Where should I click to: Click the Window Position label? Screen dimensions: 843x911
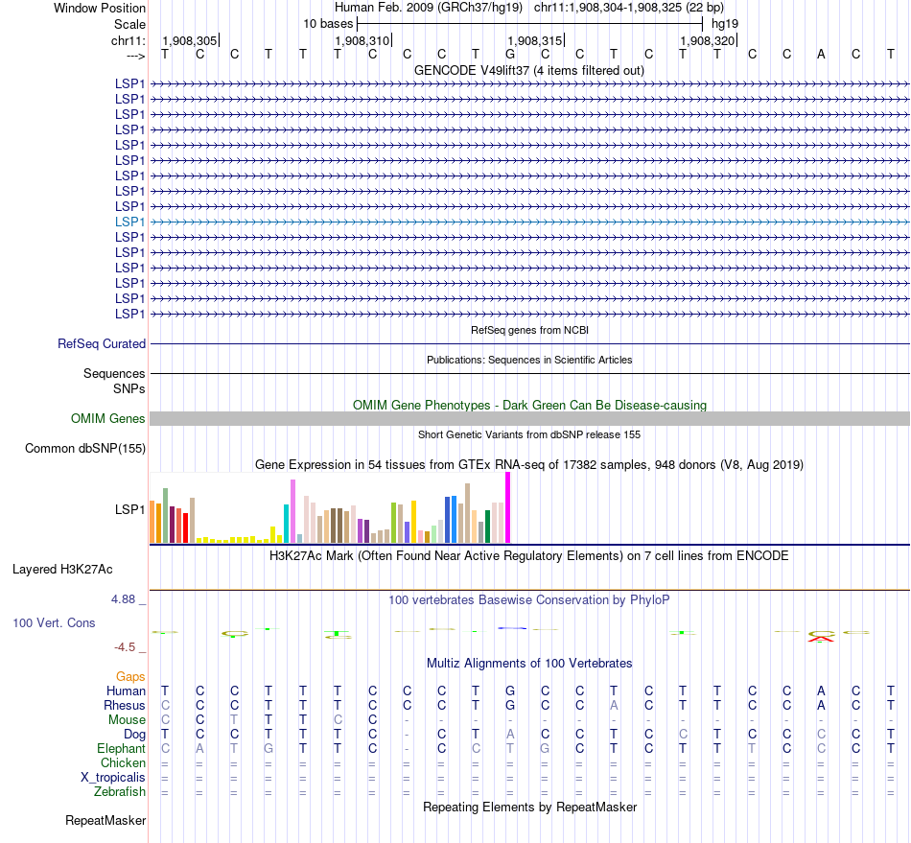coord(100,8)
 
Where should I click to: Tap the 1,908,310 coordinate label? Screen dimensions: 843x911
coord(362,40)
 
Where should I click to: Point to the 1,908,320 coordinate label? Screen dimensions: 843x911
coord(708,40)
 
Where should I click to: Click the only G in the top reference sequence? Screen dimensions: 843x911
coord(510,54)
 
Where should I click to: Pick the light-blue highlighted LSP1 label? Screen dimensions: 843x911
coord(130,222)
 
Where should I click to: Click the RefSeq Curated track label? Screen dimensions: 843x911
coord(102,343)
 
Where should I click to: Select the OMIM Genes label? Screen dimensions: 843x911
coord(108,418)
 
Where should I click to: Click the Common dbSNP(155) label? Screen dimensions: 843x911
coord(85,448)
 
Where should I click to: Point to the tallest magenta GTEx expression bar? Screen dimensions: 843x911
coord(507,508)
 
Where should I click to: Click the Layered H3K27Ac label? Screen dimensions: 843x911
coord(62,569)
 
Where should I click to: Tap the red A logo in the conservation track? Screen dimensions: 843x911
coord(821,638)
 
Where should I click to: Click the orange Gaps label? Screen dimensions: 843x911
coord(130,676)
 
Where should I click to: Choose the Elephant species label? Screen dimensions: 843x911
coord(122,748)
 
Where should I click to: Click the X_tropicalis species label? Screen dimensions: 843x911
coord(112,777)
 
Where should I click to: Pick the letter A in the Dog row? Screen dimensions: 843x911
coord(510,734)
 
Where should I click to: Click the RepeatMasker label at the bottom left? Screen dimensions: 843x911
coord(105,820)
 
